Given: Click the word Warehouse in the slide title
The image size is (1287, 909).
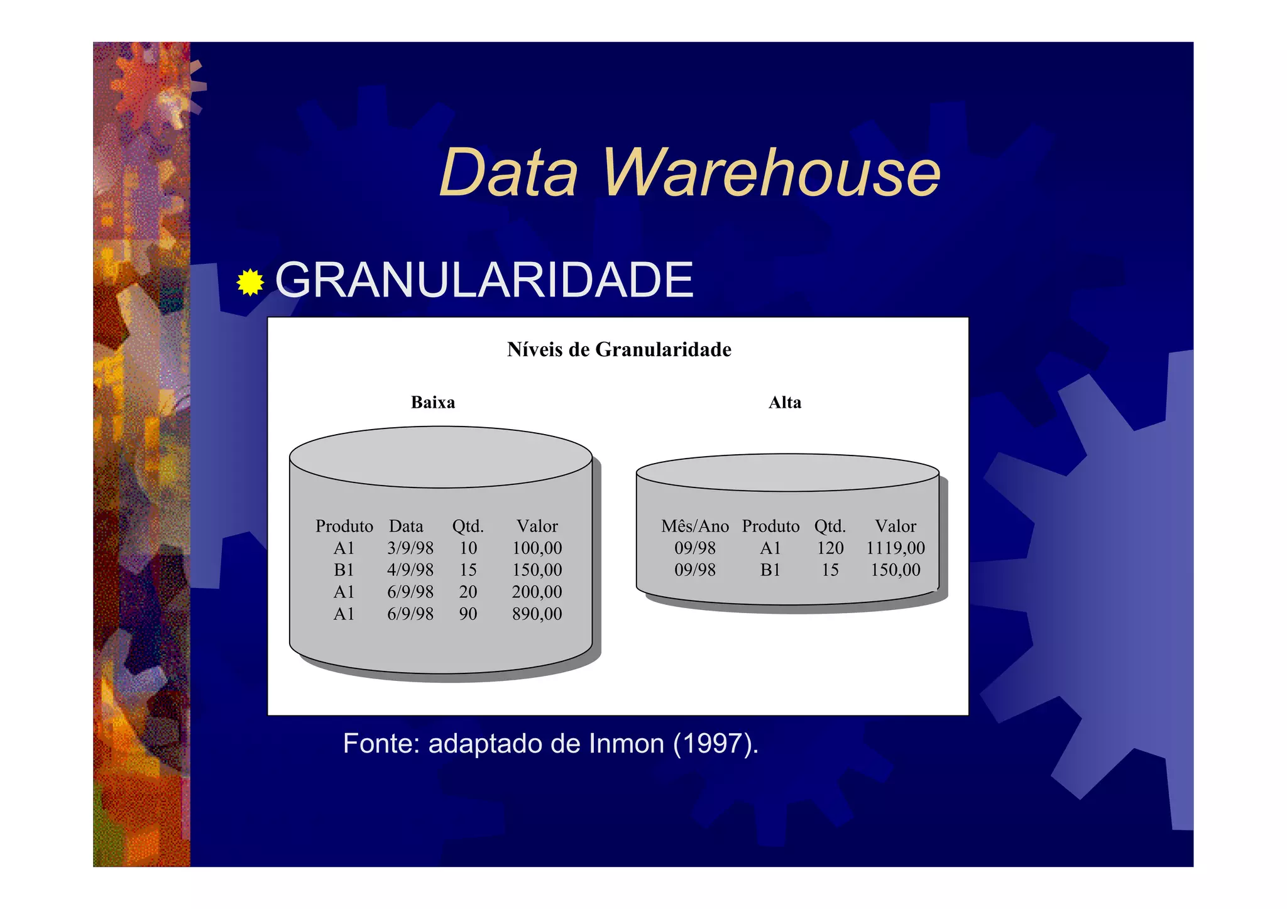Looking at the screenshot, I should point(771,172).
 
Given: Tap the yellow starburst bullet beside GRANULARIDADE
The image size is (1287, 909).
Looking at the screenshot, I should point(250,282).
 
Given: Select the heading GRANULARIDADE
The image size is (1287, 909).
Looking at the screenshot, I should point(484,280).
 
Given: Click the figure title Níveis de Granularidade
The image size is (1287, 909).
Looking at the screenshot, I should point(619,350).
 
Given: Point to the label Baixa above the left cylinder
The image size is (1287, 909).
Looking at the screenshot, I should point(433,403).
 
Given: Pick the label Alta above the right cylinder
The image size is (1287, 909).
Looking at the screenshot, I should point(785,403).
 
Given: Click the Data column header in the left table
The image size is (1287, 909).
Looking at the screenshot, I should point(406,526).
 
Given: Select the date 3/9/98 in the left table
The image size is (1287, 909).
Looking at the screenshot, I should point(410,548).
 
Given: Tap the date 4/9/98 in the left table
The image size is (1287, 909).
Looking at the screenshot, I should point(410,570).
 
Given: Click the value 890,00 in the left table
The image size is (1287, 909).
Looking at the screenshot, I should point(537,614).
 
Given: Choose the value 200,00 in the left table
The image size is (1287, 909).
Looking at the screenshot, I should point(537,592).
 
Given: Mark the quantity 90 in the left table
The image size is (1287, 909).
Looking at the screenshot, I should point(468,614).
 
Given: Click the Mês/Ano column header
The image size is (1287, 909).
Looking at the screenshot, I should point(694,526).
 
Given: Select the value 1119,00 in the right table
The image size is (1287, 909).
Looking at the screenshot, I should point(895,548).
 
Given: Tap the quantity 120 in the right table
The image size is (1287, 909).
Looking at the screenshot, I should point(830,548).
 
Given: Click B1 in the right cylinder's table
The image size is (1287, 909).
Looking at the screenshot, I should point(770,570).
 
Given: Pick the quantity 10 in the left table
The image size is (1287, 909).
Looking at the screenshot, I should point(468,548).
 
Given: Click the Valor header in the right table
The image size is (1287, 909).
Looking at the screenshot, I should point(895,526).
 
